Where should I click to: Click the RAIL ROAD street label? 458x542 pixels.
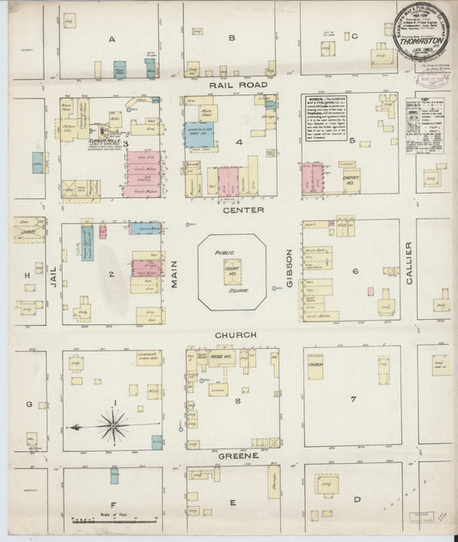(231, 85)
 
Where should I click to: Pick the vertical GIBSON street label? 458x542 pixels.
(290, 270)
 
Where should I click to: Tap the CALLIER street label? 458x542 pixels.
(408, 262)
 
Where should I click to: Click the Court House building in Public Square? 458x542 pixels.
(231, 272)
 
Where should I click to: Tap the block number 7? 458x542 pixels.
(352, 400)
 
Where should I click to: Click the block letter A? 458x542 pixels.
(112, 39)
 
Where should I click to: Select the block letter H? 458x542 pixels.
(27, 274)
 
